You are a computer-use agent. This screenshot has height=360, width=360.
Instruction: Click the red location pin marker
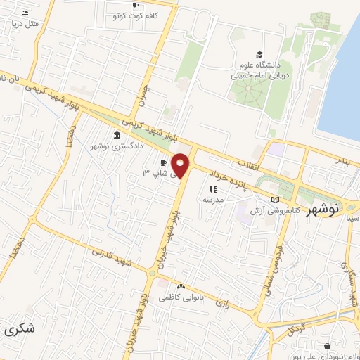coord(181,165)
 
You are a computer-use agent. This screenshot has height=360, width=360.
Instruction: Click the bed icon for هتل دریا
coord(25,13)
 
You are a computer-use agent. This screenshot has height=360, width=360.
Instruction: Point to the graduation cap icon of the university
coord(259,54)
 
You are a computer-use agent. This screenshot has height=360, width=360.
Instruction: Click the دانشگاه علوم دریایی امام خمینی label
coord(259,69)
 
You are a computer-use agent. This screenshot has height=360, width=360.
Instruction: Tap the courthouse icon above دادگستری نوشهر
coord(116,135)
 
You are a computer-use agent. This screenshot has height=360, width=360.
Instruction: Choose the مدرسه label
coord(212,200)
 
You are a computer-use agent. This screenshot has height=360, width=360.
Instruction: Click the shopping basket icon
coord(328,346)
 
